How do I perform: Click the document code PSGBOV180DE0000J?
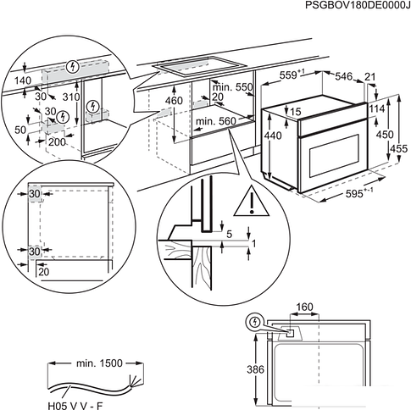point(358,5)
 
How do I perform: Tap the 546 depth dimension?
point(344,76)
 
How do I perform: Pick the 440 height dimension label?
point(273,136)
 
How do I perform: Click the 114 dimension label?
point(376,108)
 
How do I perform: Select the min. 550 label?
point(233,87)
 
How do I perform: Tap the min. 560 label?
point(216,121)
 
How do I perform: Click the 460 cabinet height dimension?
point(175,101)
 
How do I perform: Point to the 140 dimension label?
point(23,80)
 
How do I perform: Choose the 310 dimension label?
point(71,97)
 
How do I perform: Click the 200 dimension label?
point(57,141)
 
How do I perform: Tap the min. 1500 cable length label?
point(99,363)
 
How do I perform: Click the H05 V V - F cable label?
point(75,406)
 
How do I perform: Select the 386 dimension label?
point(256,369)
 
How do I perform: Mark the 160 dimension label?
point(305,307)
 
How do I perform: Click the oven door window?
point(334,155)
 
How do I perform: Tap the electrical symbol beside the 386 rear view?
point(255,322)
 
